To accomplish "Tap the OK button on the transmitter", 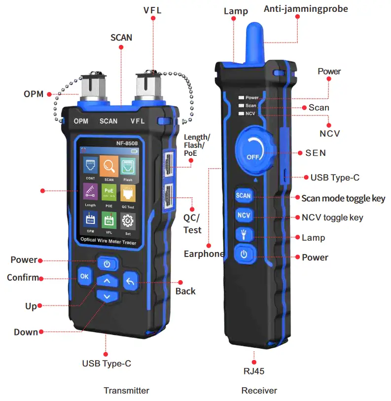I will click(84, 276).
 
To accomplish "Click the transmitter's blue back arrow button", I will click(130, 282).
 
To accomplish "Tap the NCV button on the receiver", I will click(244, 216).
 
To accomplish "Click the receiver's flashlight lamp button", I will click(244, 235).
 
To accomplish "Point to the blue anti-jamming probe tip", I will click(253, 35).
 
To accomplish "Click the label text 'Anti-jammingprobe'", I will click(313, 8).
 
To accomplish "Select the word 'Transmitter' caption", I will click(126, 391).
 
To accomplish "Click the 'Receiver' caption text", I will click(259, 391).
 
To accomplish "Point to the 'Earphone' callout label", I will click(204, 254).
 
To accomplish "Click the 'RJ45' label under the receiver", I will click(254, 371).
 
